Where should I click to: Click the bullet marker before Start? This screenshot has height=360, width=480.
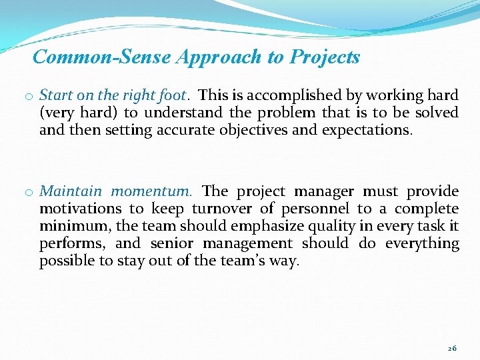31,97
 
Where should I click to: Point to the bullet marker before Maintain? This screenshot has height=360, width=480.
31,193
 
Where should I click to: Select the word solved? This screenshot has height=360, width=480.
437,113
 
